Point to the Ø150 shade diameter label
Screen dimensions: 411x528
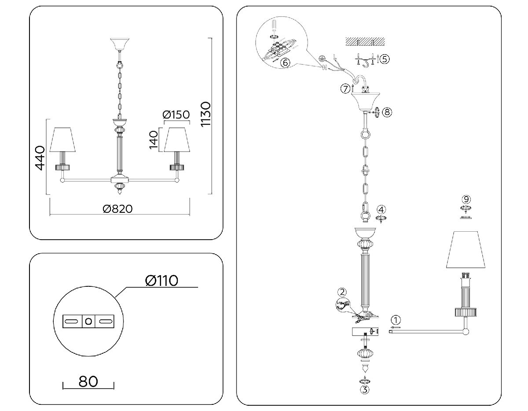[x=176, y=115]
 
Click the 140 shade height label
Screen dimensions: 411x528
[x=153, y=140]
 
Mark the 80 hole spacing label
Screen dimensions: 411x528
[x=88, y=381]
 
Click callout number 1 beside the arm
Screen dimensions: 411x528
[x=396, y=320]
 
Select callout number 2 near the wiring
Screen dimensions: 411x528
[x=342, y=292]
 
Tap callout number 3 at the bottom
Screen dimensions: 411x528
[x=365, y=389]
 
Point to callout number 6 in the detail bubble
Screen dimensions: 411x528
[x=285, y=63]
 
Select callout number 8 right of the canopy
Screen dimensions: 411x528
[x=387, y=112]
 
